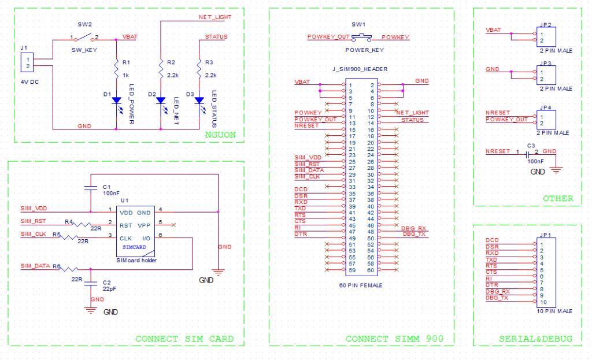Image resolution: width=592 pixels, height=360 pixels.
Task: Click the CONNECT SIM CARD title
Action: click(184, 339)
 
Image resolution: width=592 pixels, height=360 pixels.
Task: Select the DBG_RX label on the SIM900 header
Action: click(414, 228)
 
